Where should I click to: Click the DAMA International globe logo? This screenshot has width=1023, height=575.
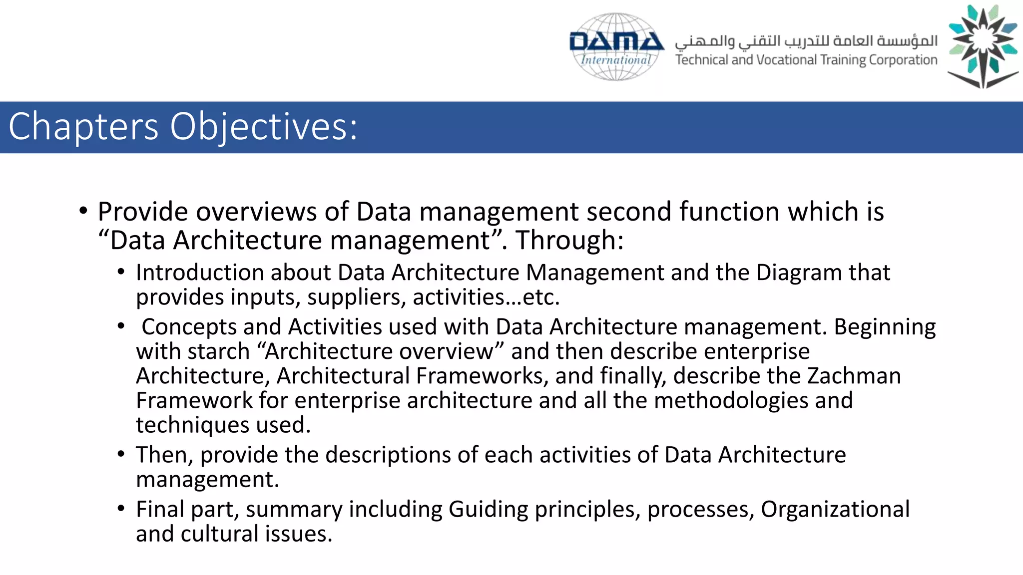[616, 46]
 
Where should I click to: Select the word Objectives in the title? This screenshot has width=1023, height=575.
[264, 127]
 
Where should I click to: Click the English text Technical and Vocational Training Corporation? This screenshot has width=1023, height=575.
[806, 60]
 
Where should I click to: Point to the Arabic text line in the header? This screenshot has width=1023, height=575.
[806, 40]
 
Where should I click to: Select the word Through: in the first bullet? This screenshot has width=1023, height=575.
[569, 240]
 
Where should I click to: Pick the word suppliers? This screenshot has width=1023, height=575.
[356, 297]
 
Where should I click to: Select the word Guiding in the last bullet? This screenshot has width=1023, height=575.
[488, 510]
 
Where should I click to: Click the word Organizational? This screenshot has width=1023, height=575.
[835, 510]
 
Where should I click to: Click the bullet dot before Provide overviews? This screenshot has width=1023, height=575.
[83, 211]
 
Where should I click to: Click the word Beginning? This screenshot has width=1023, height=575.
[885, 327]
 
